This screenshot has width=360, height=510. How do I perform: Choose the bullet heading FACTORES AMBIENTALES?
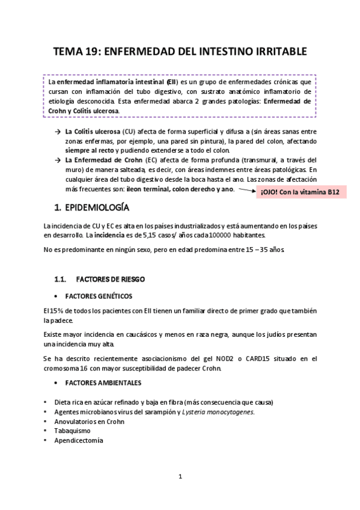click(x=103, y=382)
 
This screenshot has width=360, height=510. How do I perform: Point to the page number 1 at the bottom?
click(x=180, y=477)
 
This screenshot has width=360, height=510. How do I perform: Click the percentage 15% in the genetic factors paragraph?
click(x=50, y=310)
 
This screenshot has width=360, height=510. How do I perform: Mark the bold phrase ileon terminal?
click(x=152, y=189)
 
